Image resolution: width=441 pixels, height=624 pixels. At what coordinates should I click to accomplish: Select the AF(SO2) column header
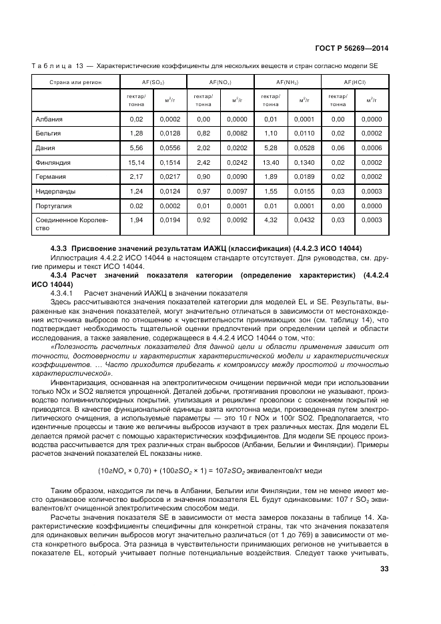pos(153,82)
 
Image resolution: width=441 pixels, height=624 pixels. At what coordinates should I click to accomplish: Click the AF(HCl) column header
pos(355,82)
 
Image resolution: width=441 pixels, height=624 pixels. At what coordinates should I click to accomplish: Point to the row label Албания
pos(48,119)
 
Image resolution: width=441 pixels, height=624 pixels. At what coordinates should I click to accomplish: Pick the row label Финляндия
pos(52,162)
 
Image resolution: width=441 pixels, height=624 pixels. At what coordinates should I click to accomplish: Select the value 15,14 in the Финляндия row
pos(137,162)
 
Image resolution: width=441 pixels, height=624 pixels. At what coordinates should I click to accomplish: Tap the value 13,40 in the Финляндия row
pos(270,162)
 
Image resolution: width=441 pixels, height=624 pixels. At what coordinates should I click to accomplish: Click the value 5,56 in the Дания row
pos(137,148)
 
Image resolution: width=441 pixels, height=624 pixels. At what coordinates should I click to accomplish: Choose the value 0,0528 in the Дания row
pos(304,148)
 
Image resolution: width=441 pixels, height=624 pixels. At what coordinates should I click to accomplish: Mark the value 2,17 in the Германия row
pos(137,177)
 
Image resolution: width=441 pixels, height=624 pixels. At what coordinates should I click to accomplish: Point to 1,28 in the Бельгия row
pos(137,133)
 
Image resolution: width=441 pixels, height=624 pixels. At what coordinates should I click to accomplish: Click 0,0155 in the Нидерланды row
pos(304,192)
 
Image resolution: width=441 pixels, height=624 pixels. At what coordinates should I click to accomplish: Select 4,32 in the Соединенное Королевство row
pos(270,220)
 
